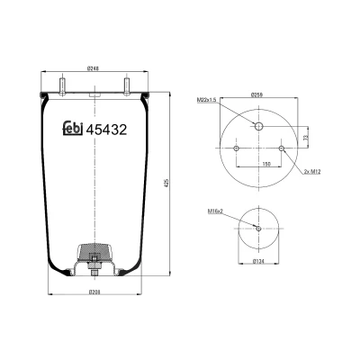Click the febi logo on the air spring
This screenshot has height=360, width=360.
73,129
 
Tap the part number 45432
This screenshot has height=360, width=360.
106,130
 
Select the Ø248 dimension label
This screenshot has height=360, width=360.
93,68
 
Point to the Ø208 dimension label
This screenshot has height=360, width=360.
94,292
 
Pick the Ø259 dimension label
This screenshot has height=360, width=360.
256,94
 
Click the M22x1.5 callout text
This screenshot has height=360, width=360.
207,100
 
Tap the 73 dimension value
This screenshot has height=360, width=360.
306,138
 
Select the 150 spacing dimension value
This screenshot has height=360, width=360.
266,164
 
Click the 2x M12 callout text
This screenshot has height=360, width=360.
312,172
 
